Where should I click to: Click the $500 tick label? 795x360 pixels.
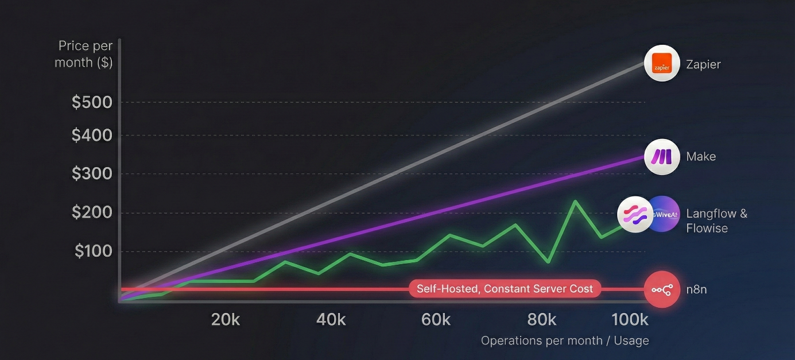coord(92,103)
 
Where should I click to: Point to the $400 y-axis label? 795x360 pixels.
coord(92,136)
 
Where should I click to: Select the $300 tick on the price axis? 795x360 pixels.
coord(92,173)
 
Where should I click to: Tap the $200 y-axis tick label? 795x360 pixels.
coord(92,213)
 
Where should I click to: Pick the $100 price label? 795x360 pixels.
coord(93,251)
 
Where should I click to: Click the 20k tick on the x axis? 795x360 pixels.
coord(226,320)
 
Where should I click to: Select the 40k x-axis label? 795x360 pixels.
coord(331,320)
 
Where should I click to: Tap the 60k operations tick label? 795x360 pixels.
coord(436,320)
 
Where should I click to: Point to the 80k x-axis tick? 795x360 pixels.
coord(542,320)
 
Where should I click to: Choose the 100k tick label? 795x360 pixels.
coord(630,320)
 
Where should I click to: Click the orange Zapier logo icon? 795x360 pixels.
coord(662,64)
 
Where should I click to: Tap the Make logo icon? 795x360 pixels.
coord(662,157)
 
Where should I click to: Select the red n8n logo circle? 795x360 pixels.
coord(662,289)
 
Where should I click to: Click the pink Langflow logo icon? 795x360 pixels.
coord(634,214)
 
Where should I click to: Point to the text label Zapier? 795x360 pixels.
coord(703,64)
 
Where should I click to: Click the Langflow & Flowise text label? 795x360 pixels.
coord(716,221)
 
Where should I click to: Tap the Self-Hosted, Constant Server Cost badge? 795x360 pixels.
coord(505,289)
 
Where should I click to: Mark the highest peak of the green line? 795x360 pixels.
coord(574,201)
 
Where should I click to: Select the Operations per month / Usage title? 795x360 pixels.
coord(565,340)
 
